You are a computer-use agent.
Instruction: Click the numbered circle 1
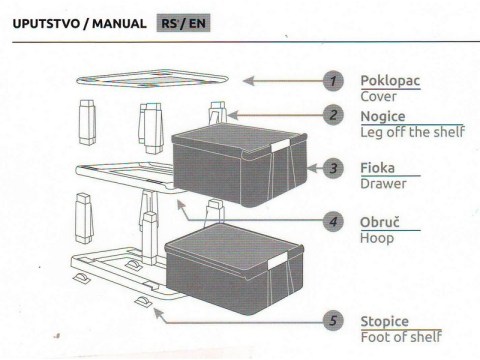click(x=333, y=81)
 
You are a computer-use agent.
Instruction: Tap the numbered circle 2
click(x=333, y=115)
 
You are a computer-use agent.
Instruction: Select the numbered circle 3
click(x=333, y=168)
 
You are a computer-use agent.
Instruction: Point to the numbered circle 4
click(x=333, y=221)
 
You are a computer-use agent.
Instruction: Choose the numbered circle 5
click(x=333, y=321)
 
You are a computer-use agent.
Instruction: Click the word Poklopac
click(x=390, y=81)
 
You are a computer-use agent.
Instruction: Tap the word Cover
click(x=379, y=97)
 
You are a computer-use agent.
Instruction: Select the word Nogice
click(x=383, y=117)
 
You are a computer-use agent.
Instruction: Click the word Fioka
click(x=378, y=168)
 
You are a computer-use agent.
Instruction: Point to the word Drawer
click(x=383, y=184)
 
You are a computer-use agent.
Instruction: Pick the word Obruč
click(x=380, y=222)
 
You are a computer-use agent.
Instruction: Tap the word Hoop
click(x=377, y=239)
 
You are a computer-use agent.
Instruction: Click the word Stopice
click(x=385, y=322)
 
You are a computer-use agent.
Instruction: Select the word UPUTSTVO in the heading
click(x=46, y=24)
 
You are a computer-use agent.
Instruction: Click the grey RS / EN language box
click(x=183, y=23)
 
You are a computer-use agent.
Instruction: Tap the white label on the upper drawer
click(x=280, y=145)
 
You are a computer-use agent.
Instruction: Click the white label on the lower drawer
click(x=277, y=260)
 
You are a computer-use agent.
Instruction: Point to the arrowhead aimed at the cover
click(x=248, y=81)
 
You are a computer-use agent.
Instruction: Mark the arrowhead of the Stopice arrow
click(x=158, y=314)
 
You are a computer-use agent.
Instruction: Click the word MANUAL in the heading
click(x=119, y=24)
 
